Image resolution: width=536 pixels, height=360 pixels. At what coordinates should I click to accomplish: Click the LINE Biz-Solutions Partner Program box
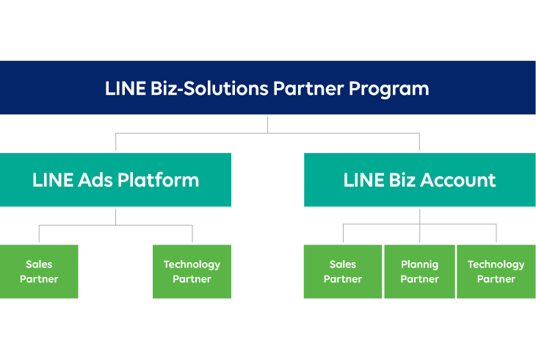pyautogui.click(x=267, y=87)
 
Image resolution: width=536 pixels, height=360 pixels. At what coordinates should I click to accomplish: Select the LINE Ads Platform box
pyautogui.click(x=115, y=180)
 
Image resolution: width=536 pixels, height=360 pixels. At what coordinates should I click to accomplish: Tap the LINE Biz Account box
pyautogui.click(x=419, y=180)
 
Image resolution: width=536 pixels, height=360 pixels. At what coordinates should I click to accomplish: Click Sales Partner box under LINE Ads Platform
pyautogui.click(x=39, y=272)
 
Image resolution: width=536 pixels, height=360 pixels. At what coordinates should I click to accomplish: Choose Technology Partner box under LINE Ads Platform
pyautogui.click(x=192, y=272)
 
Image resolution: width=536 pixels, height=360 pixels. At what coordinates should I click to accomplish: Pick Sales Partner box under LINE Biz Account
pyautogui.click(x=343, y=272)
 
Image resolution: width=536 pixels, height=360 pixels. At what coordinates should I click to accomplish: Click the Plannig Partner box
pyautogui.click(x=419, y=272)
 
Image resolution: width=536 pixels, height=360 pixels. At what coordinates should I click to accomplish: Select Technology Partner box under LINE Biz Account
pyautogui.click(x=496, y=272)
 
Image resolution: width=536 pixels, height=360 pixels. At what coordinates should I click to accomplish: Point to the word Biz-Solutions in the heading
pyautogui.click(x=207, y=89)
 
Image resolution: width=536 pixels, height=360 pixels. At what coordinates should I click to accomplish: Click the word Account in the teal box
pyautogui.click(x=460, y=180)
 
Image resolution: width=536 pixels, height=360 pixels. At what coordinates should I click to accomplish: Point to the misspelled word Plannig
pyautogui.click(x=419, y=264)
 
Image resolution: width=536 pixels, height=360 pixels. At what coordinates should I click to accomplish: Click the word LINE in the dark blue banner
pyautogui.click(x=124, y=89)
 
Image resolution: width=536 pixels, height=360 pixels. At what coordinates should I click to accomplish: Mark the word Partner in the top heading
pyautogui.click(x=308, y=89)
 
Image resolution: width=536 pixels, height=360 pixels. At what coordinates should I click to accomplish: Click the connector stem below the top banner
pyautogui.click(x=267, y=123)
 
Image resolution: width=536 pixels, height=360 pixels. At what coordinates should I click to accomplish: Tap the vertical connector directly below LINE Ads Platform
pyautogui.click(x=115, y=216)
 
